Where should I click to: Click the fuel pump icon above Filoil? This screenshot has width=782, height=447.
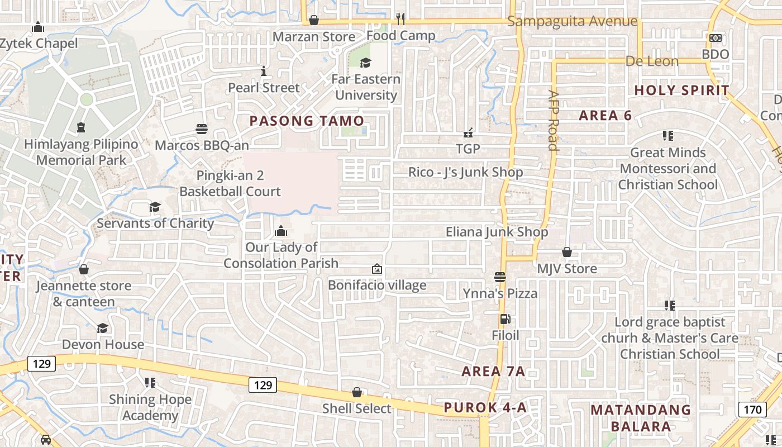[505, 320]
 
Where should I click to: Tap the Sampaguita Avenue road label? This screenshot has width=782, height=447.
[573, 22]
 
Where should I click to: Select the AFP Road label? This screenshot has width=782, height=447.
[554, 121]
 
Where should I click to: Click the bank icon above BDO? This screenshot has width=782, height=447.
[716, 38]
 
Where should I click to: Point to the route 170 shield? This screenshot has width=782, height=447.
[752, 410]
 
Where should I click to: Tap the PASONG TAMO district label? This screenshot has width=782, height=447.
[307, 121]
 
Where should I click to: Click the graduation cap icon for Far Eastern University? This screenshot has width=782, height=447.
[365, 63]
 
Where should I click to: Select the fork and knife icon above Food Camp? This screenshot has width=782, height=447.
[400, 19]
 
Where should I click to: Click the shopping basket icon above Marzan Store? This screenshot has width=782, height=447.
[314, 20]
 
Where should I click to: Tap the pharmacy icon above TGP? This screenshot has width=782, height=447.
[468, 133]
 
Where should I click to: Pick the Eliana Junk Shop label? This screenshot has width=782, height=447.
[497, 232]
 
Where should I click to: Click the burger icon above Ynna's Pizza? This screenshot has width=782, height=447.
[500, 277]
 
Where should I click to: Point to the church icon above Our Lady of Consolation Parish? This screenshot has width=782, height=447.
[281, 231]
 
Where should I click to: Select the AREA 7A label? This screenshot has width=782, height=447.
[493, 372]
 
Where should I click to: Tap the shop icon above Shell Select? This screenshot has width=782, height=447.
[357, 393]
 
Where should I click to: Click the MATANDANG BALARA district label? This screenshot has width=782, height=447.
[641, 418]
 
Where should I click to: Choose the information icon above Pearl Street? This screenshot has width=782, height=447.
[264, 72]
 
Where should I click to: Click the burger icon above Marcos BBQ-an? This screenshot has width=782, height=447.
[202, 130]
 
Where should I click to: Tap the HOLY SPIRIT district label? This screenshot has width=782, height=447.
[682, 90]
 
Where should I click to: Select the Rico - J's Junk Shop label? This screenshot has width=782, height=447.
[466, 172]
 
